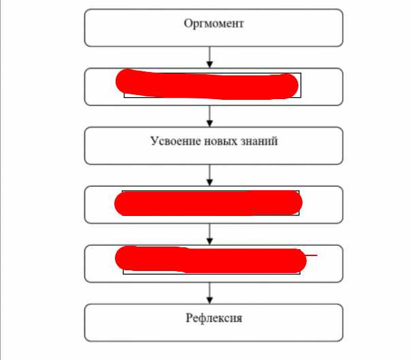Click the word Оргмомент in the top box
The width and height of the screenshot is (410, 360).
213,24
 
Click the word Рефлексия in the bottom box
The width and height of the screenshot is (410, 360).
213,318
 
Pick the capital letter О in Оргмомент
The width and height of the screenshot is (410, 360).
188,24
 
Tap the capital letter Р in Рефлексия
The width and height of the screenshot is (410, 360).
188,318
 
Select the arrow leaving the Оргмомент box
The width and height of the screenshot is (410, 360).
209,56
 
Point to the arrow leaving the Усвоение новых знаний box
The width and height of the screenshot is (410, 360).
209,175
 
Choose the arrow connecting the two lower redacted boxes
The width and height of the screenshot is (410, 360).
209,234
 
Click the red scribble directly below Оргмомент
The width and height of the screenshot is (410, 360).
207,84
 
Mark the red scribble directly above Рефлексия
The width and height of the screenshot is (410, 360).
209,259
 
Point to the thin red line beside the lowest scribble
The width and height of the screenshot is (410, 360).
310,255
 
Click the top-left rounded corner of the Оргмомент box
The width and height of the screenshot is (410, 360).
87,12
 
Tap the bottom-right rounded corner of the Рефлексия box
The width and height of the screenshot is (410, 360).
341,338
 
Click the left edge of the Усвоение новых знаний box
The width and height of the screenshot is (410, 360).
85,145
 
